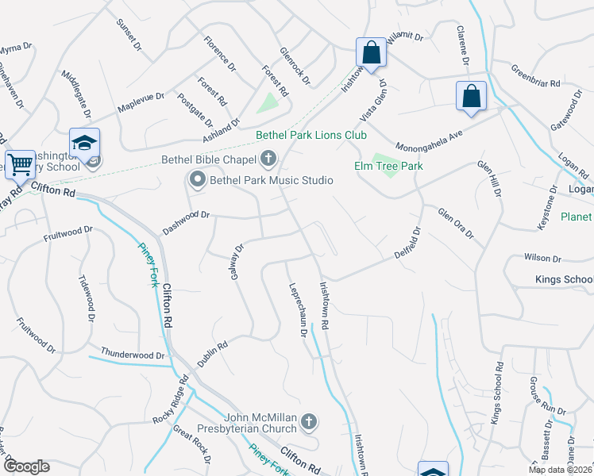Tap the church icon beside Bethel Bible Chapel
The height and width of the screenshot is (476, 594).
(x=268, y=159)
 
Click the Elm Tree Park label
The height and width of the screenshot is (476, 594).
(x=388, y=166)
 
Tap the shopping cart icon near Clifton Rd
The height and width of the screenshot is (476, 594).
(x=20, y=165)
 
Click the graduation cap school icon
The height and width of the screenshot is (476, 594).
(x=84, y=143)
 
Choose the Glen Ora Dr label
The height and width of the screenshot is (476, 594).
(x=456, y=223)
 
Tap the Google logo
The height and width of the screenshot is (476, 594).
(x=26, y=466)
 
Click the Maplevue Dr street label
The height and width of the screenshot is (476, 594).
(x=141, y=102)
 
